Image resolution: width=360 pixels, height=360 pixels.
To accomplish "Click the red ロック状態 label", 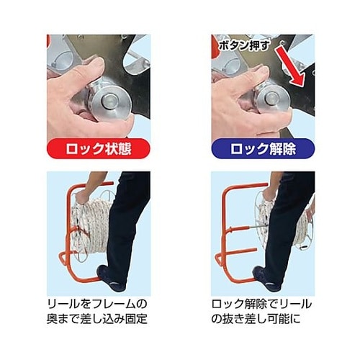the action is coord(99,149).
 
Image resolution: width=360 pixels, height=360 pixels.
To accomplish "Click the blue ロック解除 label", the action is coord(263,149).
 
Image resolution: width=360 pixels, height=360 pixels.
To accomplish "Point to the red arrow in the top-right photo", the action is coord(290,67).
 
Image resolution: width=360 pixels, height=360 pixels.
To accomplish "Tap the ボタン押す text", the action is coord(243,45).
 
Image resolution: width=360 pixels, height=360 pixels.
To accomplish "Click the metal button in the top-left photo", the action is coord(110,101).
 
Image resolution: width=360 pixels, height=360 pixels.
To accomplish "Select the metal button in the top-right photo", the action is coord(271,99).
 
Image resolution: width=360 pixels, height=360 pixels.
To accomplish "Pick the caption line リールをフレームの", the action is coord(96,305).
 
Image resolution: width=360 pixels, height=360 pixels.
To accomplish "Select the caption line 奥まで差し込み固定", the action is coord(96,319).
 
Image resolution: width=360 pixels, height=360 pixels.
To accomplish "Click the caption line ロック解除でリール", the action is coord(261,305).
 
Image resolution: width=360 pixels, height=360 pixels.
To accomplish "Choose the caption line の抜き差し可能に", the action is coord(256,319).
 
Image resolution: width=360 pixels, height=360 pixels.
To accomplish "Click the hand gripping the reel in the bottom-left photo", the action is coord(81,198).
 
